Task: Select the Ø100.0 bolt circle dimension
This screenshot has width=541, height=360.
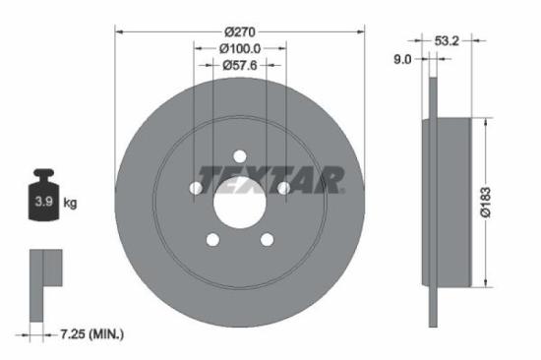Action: pyautogui.click(x=240, y=48)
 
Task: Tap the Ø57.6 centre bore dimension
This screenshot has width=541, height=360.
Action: pyautogui.click(x=240, y=65)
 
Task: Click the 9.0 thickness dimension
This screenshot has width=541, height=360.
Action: pyautogui.click(x=403, y=59)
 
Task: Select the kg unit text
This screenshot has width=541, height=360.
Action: pyautogui.click(x=70, y=203)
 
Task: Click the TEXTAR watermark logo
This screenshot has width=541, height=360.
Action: pyautogui.click(x=270, y=180)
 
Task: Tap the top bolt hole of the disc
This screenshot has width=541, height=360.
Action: pyautogui.click(x=239, y=153)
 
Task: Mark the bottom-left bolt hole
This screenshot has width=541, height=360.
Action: pyautogui.click(x=211, y=240)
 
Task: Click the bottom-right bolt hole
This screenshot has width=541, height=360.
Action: pyautogui.click(x=267, y=240)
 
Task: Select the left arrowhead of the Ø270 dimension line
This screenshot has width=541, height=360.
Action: pyautogui.click(x=119, y=31)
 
